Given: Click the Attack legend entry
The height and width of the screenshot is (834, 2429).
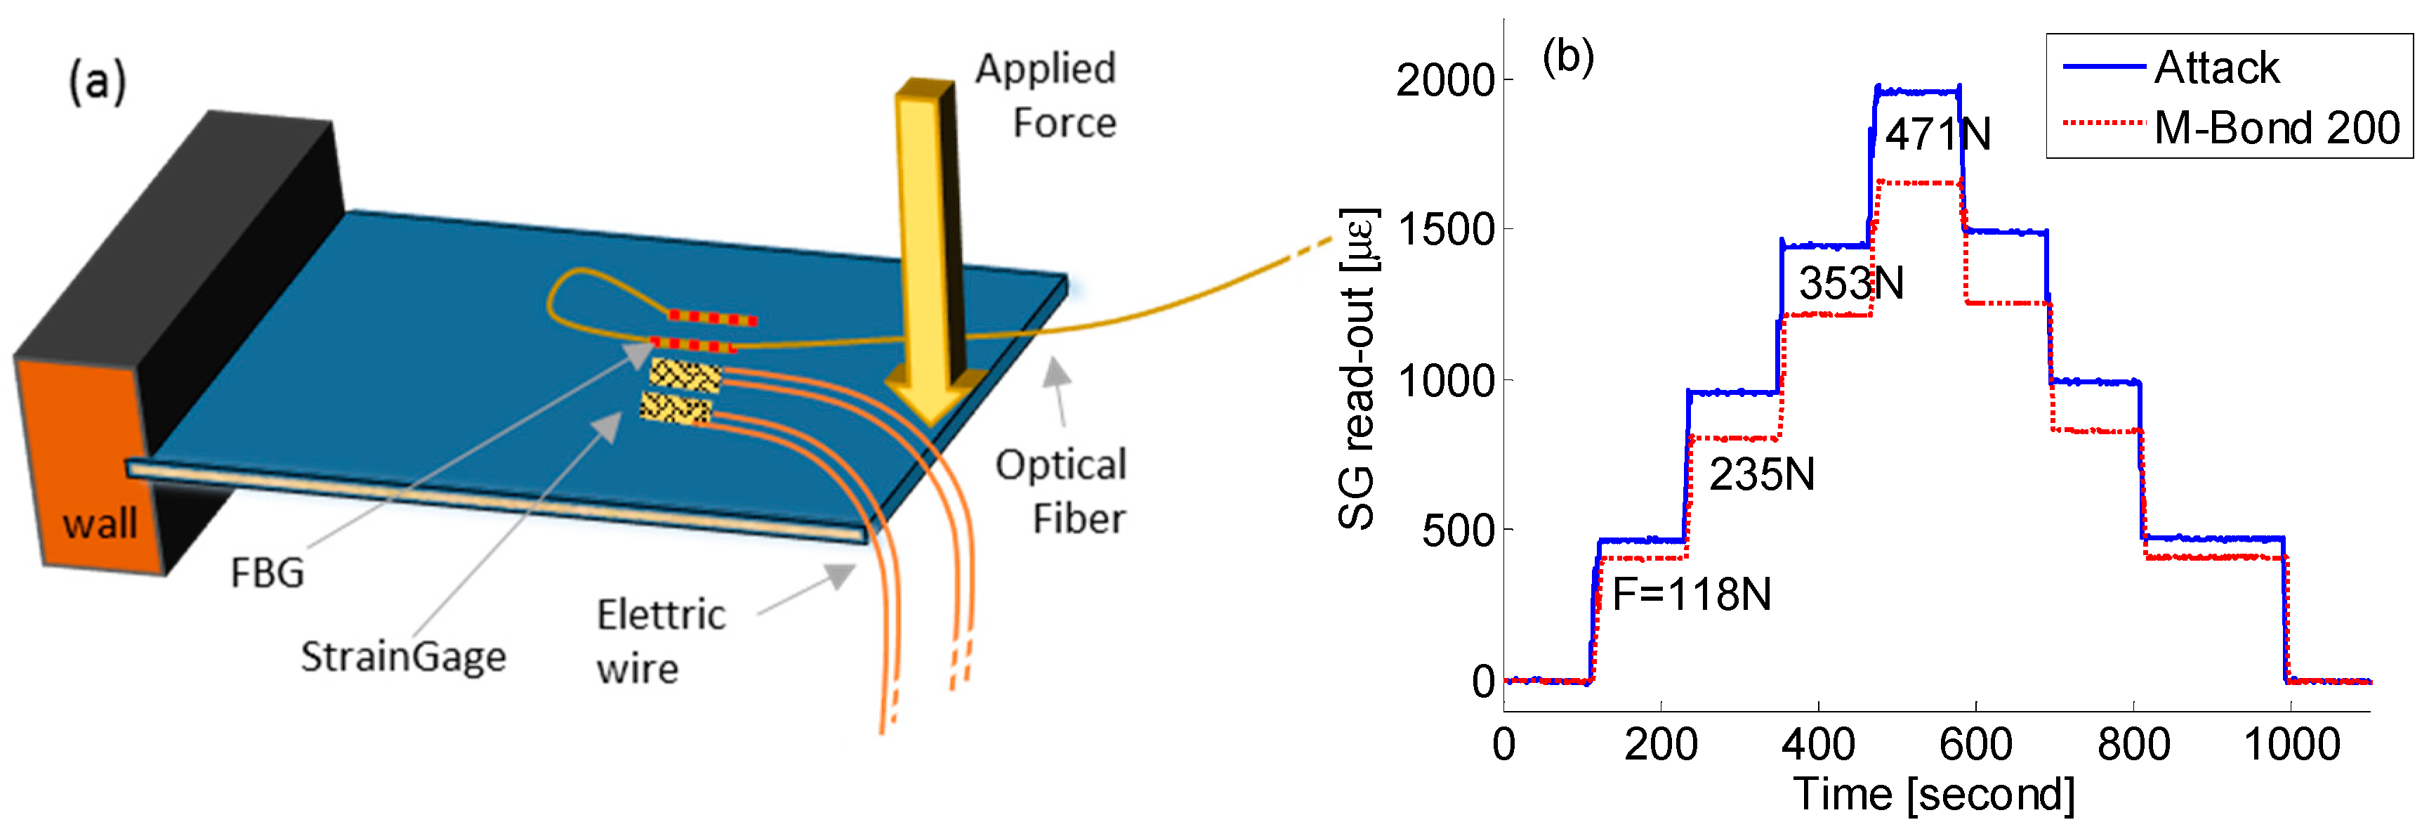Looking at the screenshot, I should tap(2216, 68).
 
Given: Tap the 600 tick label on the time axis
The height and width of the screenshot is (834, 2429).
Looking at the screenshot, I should tap(1975, 745).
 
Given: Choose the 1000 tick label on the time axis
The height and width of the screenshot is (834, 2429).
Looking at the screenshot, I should tap(2291, 745).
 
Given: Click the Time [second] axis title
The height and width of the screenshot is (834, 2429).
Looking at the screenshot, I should tap(1933, 795).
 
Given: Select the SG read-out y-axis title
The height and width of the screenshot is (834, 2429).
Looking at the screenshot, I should tap(1358, 368).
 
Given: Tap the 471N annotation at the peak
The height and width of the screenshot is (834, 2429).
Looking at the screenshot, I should tap(1937, 135).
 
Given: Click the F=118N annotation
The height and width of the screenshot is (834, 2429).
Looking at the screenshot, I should tap(1692, 594).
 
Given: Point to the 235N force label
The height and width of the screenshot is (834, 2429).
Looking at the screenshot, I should tap(1761, 474).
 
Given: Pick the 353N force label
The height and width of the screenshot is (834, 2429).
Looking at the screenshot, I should tap(1850, 284).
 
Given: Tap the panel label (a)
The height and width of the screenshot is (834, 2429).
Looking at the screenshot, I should tap(97, 83).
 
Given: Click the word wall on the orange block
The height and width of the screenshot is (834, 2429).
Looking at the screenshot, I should tap(100, 523).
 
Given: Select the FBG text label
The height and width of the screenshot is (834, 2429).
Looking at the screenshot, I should tap(268, 573).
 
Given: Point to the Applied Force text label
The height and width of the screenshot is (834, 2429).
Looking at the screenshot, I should tap(1046, 96).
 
